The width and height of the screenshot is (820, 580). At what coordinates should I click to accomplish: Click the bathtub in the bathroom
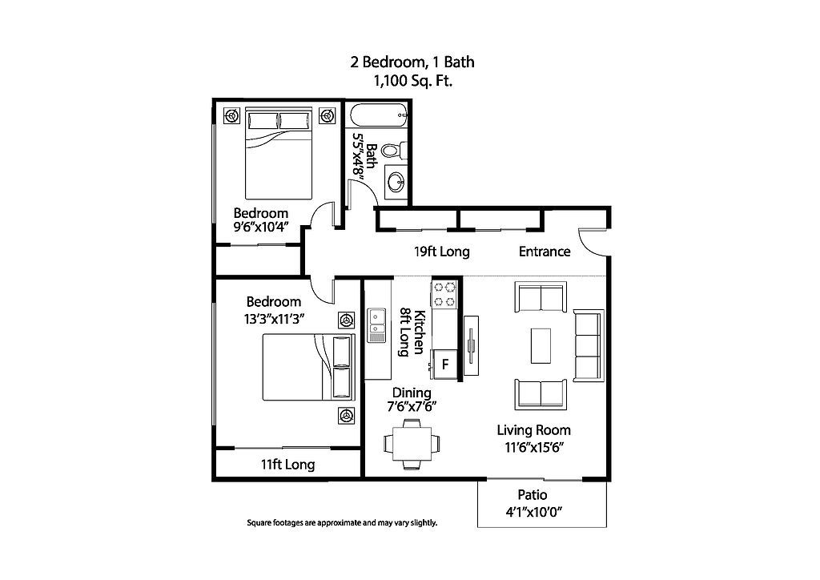[x=379, y=115]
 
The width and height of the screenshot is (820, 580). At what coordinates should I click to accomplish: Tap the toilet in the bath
[x=394, y=150]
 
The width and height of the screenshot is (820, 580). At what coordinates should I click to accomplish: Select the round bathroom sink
[x=396, y=182]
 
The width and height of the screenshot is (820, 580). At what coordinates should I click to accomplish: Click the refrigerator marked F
[x=444, y=364]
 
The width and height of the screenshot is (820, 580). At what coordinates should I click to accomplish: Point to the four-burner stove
[x=444, y=294]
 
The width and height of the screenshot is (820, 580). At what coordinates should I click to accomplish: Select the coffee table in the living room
[x=541, y=345]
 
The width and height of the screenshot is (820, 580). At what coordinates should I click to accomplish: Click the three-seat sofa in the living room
[x=589, y=345]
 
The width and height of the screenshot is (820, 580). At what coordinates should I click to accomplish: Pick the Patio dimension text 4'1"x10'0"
[x=533, y=512]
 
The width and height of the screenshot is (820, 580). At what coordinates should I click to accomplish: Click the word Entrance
[x=545, y=252]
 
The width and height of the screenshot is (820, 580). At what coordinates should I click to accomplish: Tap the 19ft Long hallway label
[x=442, y=252]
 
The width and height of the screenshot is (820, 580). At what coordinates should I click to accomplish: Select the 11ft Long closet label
[x=287, y=465]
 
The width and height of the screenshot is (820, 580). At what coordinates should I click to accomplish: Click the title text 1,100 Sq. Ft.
[x=412, y=81]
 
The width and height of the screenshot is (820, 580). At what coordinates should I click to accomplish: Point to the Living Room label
[x=533, y=430]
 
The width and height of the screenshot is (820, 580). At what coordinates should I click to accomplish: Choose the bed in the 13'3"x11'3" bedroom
[x=308, y=368]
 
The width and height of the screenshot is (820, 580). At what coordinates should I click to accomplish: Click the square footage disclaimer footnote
[x=342, y=522]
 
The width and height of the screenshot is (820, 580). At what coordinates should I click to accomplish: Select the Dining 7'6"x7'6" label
[x=412, y=399]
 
